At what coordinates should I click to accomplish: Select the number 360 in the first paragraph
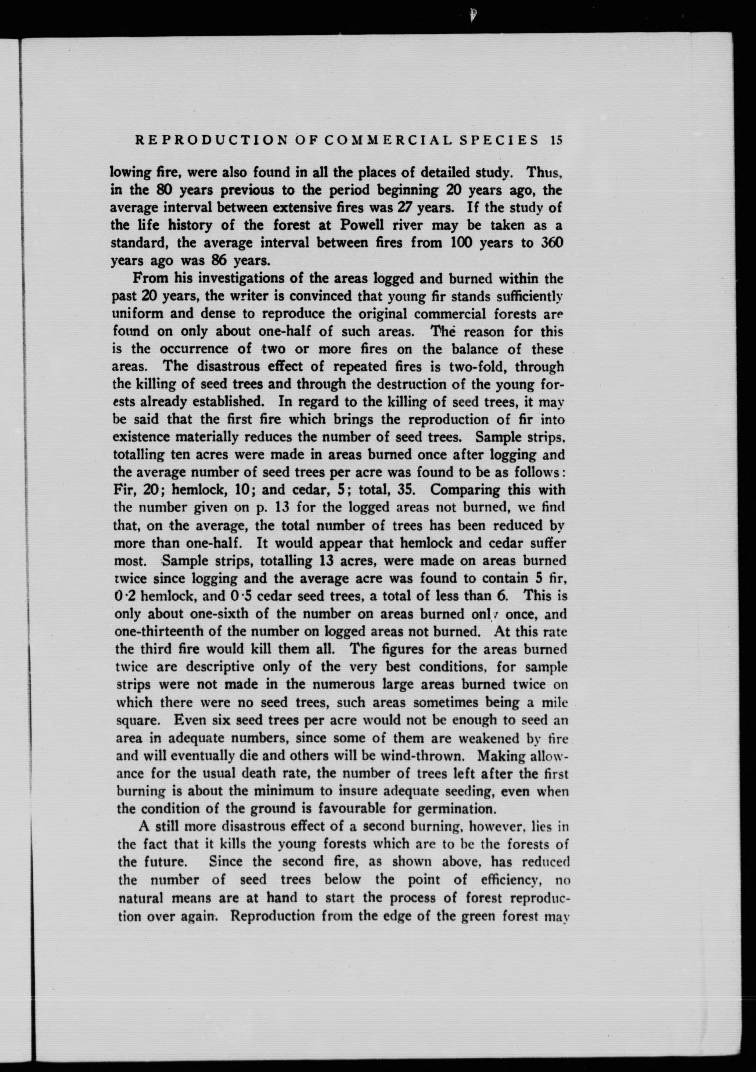point(551,243)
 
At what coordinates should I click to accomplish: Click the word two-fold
point(477,367)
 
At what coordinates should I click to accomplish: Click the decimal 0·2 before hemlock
point(125,596)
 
